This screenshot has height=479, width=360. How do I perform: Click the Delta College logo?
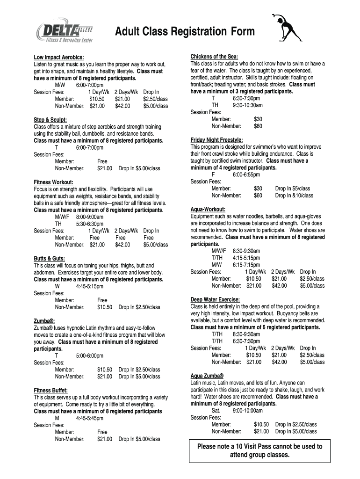(x=65, y=32)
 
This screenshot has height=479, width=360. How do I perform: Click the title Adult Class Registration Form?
(x=185, y=31)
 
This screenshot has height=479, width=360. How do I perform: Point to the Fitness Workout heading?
(x=54, y=182)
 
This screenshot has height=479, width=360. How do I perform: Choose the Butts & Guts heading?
(x=49, y=259)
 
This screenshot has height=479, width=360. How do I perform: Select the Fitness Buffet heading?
(x=51, y=391)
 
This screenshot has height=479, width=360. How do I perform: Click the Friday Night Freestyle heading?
(x=216, y=140)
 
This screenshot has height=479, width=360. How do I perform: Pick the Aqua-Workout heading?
(x=208, y=210)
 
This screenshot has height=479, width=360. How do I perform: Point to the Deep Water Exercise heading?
(x=215, y=300)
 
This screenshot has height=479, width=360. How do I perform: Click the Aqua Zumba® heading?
(x=207, y=376)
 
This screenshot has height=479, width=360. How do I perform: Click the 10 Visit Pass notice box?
(x=259, y=450)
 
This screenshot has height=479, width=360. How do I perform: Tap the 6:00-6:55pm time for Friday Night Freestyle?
(x=245, y=174)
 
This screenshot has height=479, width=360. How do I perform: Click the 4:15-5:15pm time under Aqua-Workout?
(x=246, y=258)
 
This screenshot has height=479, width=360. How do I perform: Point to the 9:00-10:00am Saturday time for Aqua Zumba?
(x=247, y=411)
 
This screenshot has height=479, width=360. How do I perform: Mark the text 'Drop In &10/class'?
(x=294, y=196)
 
